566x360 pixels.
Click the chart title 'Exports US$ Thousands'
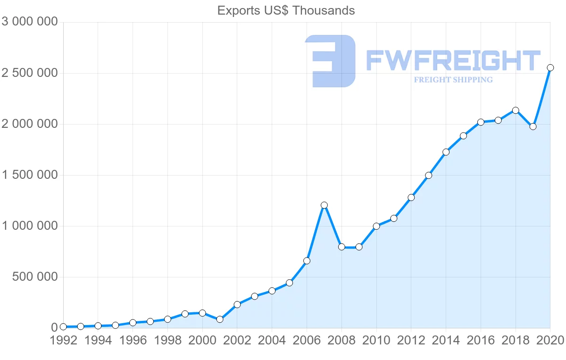point(286,10)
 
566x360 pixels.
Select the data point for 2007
point(324,205)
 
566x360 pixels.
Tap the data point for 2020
point(550,67)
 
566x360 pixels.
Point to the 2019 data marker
point(533,126)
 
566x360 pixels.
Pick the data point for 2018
point(516,110)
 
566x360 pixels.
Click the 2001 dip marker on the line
point(220,319)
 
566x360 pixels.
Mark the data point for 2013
point(428,176)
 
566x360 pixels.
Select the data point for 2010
point(376,226)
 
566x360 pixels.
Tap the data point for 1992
point(63,327)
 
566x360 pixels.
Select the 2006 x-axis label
point(307,341)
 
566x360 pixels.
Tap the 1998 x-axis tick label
point(167,341)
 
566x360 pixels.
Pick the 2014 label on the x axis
point(446,341)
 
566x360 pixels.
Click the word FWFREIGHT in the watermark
point(453,61)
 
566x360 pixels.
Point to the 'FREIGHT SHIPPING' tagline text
point(453,80)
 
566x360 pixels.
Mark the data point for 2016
point(481,122)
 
